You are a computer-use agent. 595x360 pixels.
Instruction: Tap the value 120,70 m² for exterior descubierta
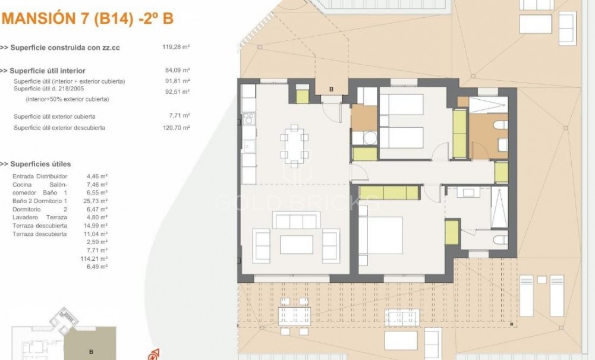click(x=176, y=128)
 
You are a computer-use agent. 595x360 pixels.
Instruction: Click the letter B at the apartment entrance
click(x=331, y=90)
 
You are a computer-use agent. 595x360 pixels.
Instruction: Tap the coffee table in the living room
click(x=296, y=244)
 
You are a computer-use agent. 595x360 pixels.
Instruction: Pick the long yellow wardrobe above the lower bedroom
click(x=389, y=192)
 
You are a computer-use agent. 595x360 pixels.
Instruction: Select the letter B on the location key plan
click(x=91, y=352)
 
